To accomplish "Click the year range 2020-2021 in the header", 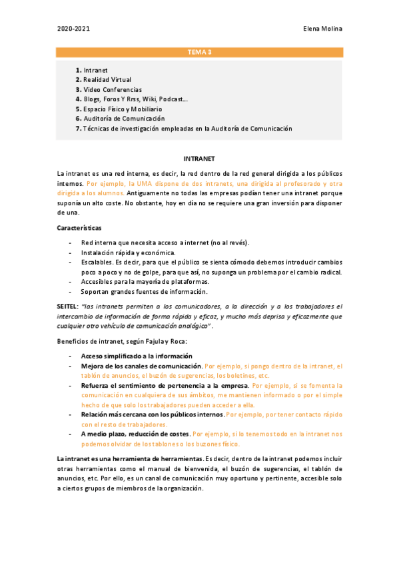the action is (x=73, y=29).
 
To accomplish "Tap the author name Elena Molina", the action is (x=322, y=29).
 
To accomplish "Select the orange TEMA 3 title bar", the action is (x=199, y=52).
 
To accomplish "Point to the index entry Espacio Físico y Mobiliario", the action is (x=123, y=109).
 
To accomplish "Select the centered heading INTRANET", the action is (x=199, y=159).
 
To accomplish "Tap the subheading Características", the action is (x=79, y=229).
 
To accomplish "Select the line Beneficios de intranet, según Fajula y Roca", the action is (x=121, y=341).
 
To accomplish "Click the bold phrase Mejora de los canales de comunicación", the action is (x=141, y=366).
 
